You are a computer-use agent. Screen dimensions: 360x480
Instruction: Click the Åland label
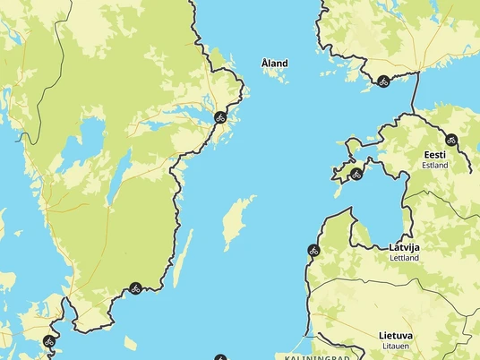point(274,63)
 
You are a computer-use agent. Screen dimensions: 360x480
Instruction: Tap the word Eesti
point(435,155)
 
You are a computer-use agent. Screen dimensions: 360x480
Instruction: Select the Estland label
point(435,166)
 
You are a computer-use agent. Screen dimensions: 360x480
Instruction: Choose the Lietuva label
point(396,336)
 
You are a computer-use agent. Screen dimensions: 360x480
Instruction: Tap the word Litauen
point(396,347)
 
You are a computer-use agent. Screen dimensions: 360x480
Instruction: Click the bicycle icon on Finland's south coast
point(382,81)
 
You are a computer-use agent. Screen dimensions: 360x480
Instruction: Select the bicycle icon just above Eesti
point(451,139)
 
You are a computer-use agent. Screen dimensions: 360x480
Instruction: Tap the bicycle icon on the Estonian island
point(356,173)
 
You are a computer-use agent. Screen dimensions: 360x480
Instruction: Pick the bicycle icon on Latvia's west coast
point(313,250)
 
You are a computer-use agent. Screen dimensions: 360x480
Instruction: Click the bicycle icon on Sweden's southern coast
point(134,288)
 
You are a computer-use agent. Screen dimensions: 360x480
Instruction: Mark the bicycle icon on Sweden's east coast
point(219,116)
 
